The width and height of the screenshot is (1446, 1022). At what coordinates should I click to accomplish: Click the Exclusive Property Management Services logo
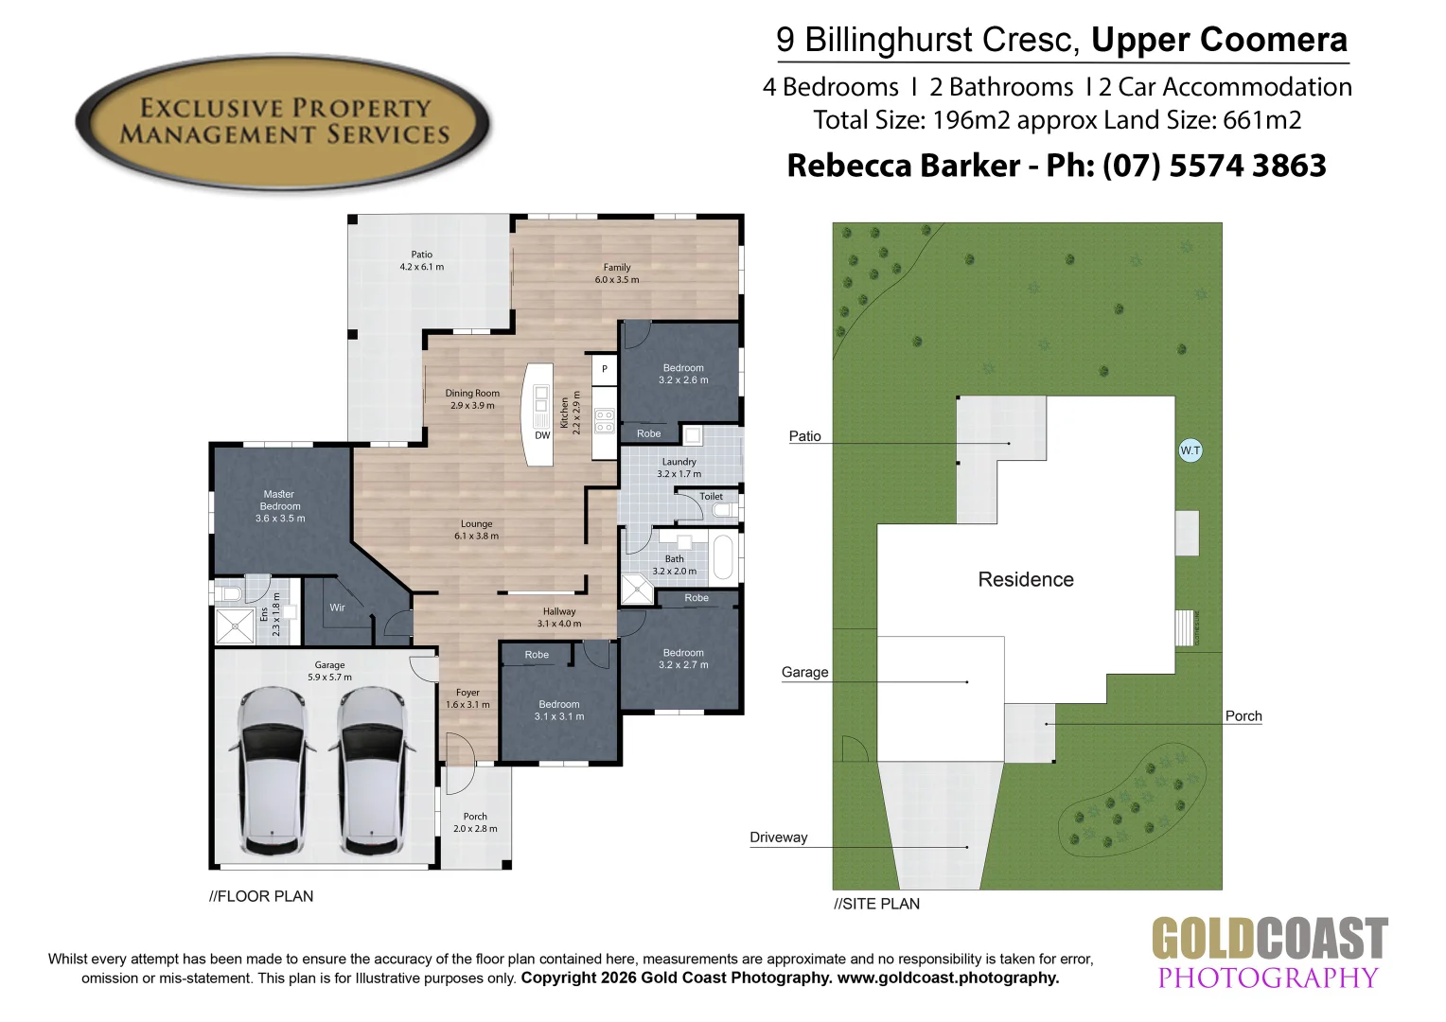pyautogui.click(x=283, y=122)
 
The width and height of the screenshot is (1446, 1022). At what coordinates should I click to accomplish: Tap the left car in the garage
pyautogui.click(x=273, y=770)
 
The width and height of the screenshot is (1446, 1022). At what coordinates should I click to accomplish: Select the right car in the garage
pyautogui.click(x=371, y=770)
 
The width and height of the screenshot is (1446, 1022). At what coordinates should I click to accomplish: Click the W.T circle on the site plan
pyautogui.click(x=1190, y=450)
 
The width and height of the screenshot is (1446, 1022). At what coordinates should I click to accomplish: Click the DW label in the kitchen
pyautogui.click(x=542, y=436)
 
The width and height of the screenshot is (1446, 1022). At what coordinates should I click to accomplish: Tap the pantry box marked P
pyautogui.click(x=605, y=369)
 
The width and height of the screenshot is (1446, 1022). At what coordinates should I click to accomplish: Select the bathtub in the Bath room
pyautogui.click(x=723, y=557)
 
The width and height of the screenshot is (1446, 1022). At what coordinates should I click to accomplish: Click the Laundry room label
pyautogui.click(x=679, y=462)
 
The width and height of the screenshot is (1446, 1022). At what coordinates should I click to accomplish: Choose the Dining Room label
pyautogui.click(x=472, y=394)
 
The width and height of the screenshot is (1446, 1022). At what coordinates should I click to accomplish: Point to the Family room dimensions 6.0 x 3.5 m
pyautogui.click(x=617, y=280)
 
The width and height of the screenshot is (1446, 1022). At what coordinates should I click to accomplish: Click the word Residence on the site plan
pyautogui.click(x=1026, y=579)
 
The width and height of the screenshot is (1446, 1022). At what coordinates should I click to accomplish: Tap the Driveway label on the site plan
pyautogui.click(x=778, y=837)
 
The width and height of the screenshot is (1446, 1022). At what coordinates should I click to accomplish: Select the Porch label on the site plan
pyautogui.click(x=1243, y=716)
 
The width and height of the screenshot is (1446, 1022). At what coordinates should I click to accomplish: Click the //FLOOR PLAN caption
pyautogui.click(x=261, y=896)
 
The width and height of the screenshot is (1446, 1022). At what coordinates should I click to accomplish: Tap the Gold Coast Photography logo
pyautogui.click(x=1268, y=953)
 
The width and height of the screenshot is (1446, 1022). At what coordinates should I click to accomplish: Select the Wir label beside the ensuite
pyautogui.click(x=338, y=608)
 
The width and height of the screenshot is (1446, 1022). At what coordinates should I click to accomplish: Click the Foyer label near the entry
pyautogui.click(x=467, y=693)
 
